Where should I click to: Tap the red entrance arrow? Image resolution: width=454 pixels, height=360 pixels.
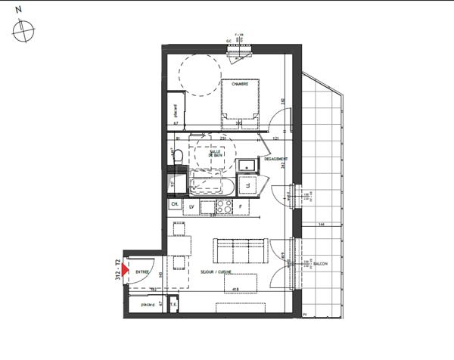pos(126,268)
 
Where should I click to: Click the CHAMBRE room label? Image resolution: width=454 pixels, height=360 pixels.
pos(240,84)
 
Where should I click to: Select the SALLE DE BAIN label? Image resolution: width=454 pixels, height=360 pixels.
pos(215,153)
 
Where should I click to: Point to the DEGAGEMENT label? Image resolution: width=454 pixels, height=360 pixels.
pos(274,159)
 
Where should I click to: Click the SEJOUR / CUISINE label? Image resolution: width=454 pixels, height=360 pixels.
pos(214,272)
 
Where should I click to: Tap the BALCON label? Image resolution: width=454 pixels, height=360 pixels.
pos(320,264)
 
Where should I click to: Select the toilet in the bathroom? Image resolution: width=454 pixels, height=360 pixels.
pos(177,156)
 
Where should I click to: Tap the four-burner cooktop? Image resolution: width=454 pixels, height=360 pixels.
pos(224,205)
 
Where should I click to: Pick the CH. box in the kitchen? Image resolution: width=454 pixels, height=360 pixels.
pos(175,204)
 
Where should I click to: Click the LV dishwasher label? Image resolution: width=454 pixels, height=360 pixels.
pos(192,206)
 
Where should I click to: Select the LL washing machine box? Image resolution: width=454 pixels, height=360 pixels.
pos(247,185)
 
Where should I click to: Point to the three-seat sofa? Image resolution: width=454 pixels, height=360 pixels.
pos(239,250)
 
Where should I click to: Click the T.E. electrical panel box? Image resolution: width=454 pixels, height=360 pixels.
pos(173,304)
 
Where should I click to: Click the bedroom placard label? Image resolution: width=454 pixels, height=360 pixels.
pos(176,110)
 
